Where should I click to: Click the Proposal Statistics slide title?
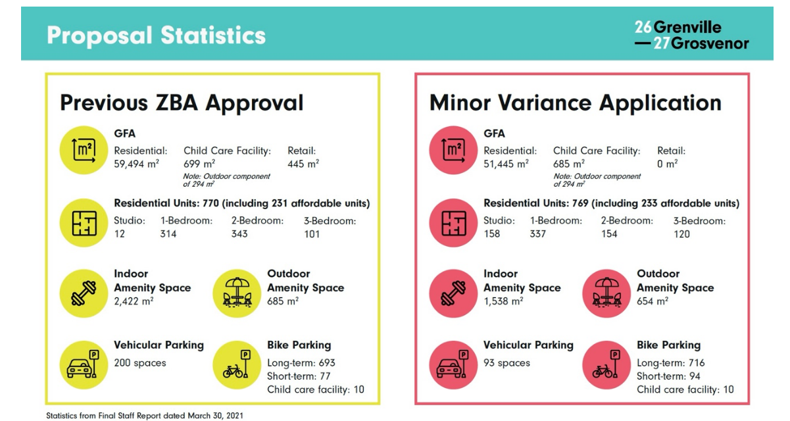156,35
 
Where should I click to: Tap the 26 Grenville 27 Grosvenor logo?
691,36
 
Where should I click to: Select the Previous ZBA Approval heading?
182,103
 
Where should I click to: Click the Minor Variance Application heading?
575,103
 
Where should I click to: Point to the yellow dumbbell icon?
84,291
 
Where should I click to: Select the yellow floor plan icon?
84,221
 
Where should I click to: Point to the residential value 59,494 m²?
137,164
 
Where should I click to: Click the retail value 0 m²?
667,164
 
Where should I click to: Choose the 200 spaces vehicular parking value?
140,362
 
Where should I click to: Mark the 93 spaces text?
506,362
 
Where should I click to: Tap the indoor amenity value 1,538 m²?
503,301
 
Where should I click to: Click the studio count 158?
492,234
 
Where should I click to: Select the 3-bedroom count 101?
312,234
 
